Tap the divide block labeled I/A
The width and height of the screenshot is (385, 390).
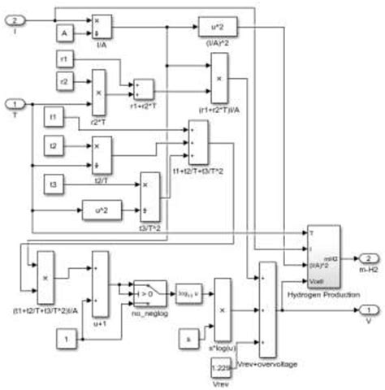click(x=101, y=27)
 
